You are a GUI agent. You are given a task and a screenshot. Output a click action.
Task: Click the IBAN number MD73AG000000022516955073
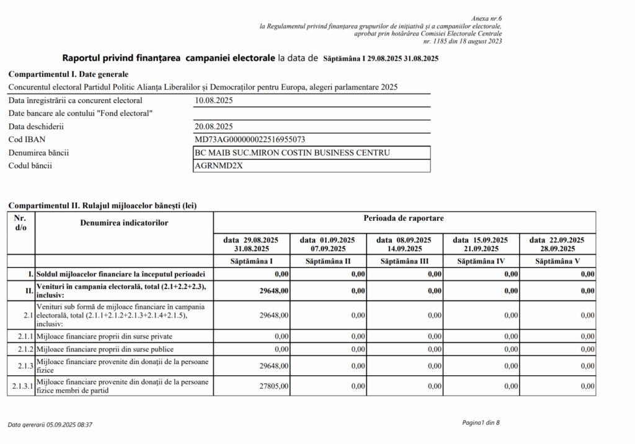click(249, 140)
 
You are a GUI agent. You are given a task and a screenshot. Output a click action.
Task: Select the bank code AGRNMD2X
click(218, 166)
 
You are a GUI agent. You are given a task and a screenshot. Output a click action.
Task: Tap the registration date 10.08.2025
click(214, 100)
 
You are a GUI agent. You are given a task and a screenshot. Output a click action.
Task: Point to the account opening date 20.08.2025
click(214, 127)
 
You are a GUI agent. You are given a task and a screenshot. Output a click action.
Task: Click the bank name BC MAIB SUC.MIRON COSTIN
click(292, 153)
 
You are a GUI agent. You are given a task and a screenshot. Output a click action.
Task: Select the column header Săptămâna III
click(404, 261)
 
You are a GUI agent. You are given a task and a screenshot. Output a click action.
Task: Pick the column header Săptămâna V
click(557, 261)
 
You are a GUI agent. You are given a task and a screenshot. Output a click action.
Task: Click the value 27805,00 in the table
click(273, 386)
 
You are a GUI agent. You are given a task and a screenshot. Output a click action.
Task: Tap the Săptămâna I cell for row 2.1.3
click(273, 366)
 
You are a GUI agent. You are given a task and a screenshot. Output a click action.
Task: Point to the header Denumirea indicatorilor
click(124, 222)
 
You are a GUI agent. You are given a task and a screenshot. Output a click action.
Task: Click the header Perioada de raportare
click(404, 218)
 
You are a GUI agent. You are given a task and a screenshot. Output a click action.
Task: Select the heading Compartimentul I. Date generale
click(68, 74)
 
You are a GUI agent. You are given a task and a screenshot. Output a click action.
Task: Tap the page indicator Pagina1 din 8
click(481, 422)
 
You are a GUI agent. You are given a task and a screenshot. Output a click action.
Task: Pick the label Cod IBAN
click(27, 140)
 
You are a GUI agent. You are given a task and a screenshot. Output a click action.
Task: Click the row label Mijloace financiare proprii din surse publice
click(105, 350)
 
